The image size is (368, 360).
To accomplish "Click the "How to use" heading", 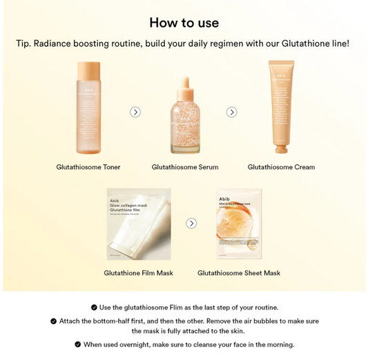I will tap(184, 22).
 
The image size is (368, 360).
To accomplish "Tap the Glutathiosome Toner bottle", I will tap(88, 109).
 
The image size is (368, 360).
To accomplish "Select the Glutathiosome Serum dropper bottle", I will tap(184, 117).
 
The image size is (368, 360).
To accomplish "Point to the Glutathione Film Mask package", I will tap(138, 223).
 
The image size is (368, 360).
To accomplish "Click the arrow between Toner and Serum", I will tap(135, 112).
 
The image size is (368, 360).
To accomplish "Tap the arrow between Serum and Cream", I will tap(232, 112).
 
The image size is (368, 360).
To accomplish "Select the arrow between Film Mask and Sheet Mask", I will tap(191, 223).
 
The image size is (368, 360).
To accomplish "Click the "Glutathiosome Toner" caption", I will tap(88, 167).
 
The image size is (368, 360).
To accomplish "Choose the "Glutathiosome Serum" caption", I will tap(184, 167).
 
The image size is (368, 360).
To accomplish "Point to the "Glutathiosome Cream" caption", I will tap(281, 167).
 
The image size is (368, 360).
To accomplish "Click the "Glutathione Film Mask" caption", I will tap(138, 273).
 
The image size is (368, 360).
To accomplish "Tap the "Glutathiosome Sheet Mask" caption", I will tap(239, 273).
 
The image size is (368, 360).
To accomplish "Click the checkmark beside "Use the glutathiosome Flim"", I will tap(93, 308).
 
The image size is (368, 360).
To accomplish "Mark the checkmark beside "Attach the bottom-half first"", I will tap(53, 321).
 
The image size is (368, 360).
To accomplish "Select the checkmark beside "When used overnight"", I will tap(77, 344).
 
